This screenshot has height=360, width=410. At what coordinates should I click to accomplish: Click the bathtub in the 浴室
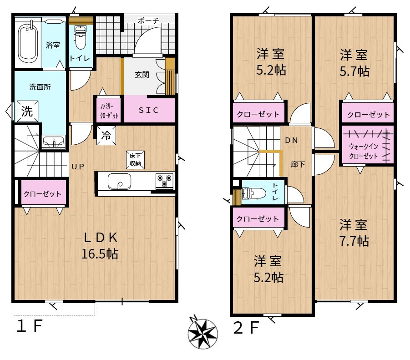(28, 43)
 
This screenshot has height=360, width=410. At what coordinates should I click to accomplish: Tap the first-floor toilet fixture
(80, 37)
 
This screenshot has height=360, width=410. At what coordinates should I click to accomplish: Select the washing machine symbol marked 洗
(27, 112)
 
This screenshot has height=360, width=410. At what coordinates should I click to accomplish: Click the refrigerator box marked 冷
(106, 136)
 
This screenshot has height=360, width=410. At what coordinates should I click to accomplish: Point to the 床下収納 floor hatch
(135, 160)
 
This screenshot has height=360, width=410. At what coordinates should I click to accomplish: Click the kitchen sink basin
(119, 181)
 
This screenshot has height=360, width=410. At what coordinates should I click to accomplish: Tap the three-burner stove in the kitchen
(164, 181)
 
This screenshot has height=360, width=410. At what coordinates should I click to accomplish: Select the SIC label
(148, 110)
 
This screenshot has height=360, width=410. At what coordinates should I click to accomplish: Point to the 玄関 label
(142, 75)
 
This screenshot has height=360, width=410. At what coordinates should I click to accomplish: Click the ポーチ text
(148, 20)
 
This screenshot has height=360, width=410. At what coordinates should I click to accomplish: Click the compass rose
(202, 333)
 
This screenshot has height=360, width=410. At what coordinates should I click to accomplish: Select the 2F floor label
(246, 327)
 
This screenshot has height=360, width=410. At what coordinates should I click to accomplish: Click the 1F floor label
(29, 326)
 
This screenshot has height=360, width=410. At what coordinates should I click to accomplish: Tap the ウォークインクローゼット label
(364, 151)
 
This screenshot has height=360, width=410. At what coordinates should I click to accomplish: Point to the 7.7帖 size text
(354, 241)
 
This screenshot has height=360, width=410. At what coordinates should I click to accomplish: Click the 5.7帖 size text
(354, 71)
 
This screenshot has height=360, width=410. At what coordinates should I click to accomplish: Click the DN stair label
(292, 140)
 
